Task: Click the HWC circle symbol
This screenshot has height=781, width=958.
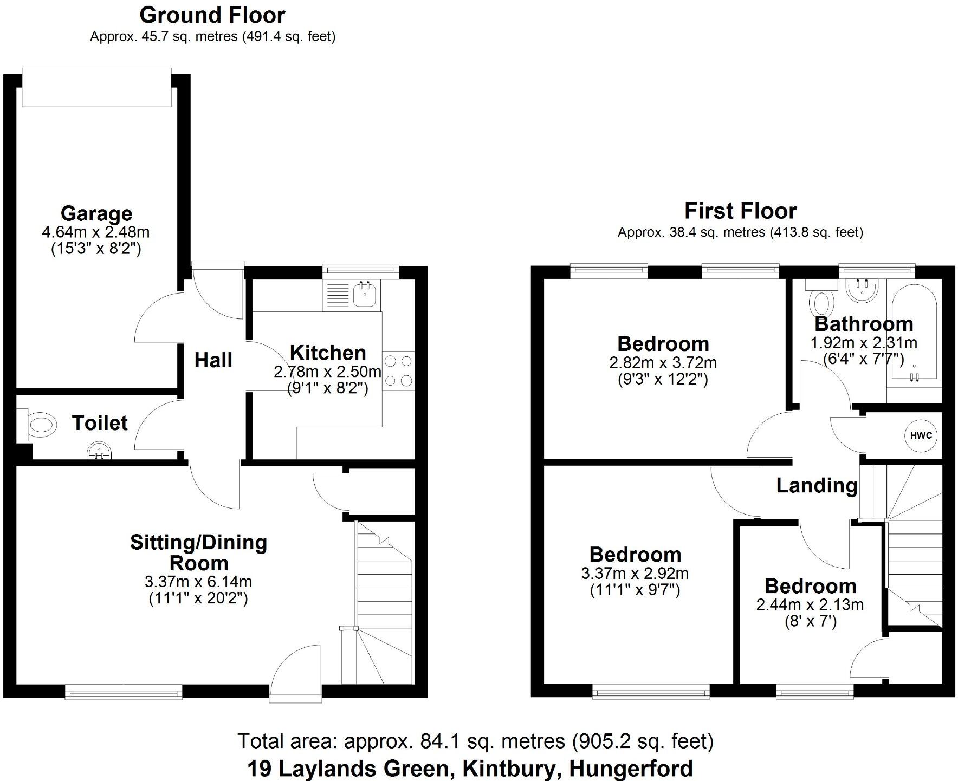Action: click(921, 435)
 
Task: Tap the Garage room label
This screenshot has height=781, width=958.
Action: click(96, 213)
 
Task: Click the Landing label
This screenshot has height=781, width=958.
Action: click(817, 485)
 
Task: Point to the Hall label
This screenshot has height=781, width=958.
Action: click(213, 360)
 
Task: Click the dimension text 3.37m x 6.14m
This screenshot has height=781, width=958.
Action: click(198, 582)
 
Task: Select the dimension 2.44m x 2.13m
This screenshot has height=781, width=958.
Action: click(810, 604)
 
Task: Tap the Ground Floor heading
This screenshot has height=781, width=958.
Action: click(212, 15)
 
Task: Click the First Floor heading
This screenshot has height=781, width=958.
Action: click(740, 211)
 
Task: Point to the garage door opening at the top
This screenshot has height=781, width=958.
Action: click(96, 87)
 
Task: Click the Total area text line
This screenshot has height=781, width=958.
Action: click(475, 741)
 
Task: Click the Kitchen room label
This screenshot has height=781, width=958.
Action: click(328, 353)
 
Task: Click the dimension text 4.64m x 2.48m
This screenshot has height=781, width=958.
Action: click(96, 232)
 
